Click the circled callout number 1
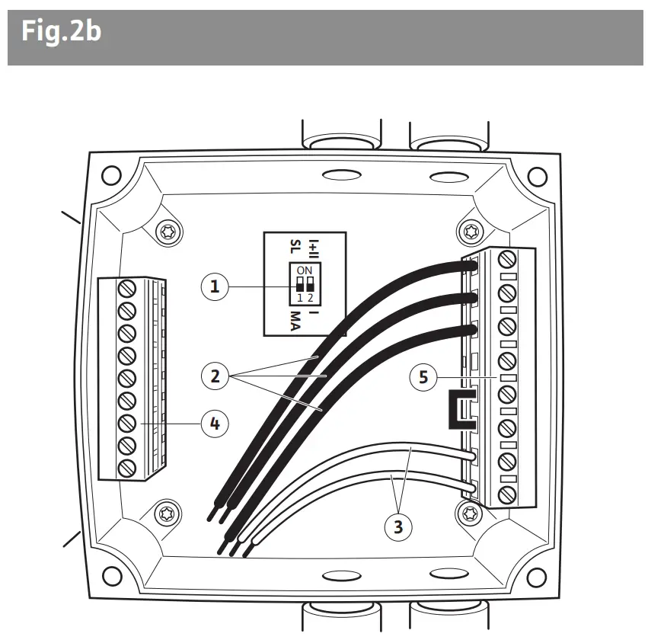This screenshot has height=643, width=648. click(x=215, y=286)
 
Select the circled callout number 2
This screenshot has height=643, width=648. click(x=215, y=375)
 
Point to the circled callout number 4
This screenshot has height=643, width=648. click(x=215, y=423)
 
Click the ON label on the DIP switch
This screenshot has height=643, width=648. click(x=304, y=270)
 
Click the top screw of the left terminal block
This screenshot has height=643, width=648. click(x=127, y=288)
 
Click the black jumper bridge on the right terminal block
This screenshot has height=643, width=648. click(x=460, y=412)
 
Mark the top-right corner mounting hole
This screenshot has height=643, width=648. click(x=537, y=177)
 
